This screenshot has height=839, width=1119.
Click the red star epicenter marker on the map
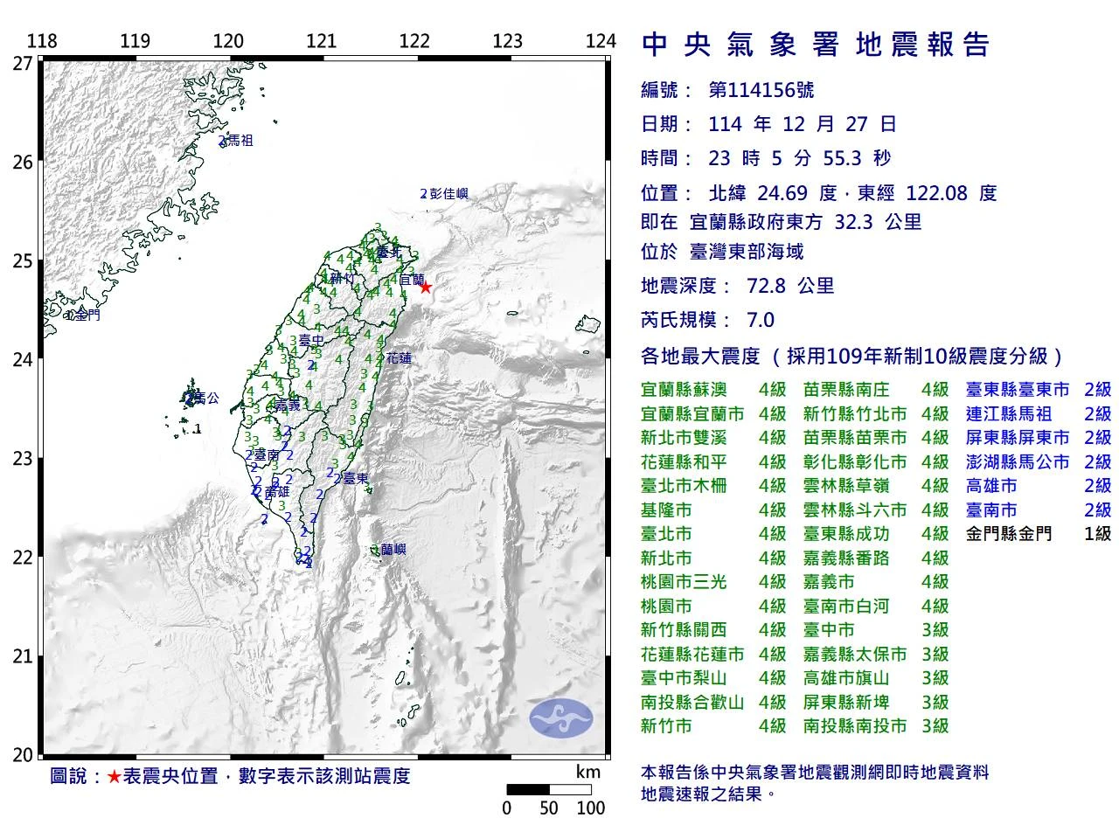click(426, 287)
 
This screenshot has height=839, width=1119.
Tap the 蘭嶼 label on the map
click(393, 550)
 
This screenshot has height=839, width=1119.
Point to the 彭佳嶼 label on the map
click(448, 194)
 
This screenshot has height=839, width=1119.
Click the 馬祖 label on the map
click(240, 140)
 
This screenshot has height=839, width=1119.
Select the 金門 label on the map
click(87, 315)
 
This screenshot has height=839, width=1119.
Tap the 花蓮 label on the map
click(398, 357)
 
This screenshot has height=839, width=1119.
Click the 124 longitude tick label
click(601, 41)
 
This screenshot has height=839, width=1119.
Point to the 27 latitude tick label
click(23, 63)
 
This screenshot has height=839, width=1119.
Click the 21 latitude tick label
click(23, 656)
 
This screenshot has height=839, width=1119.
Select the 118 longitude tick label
click(42, 41)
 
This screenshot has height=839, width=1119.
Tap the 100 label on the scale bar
click(591, 808)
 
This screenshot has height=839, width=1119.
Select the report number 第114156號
click(749, 90)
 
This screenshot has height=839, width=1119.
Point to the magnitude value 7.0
click(760, 320)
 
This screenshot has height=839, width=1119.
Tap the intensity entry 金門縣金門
click(1009, 533)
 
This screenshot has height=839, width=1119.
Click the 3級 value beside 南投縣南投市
click(935, 725)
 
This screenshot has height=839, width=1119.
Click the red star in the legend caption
click(114, 776)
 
